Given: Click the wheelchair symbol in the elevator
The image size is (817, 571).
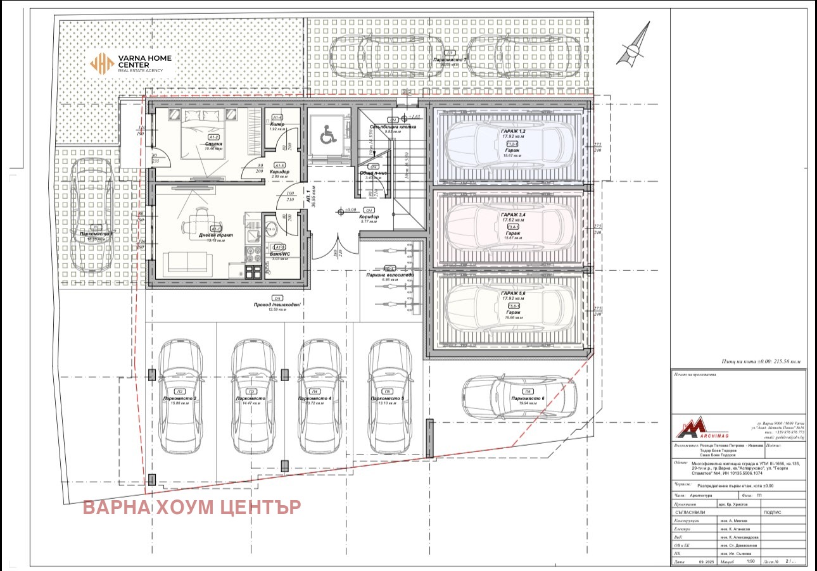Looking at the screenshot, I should (327, 134).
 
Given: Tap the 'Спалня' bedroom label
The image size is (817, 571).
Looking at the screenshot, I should (213, 144).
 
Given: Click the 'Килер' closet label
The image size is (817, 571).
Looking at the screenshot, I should (277, 125).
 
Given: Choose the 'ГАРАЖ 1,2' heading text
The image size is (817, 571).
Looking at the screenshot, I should (512, 130).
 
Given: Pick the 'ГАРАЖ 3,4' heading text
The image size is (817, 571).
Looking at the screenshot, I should (512, 215).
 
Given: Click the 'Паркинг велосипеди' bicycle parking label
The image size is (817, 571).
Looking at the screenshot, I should (389, 275).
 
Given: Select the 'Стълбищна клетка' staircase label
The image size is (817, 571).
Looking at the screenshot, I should (393, 127).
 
